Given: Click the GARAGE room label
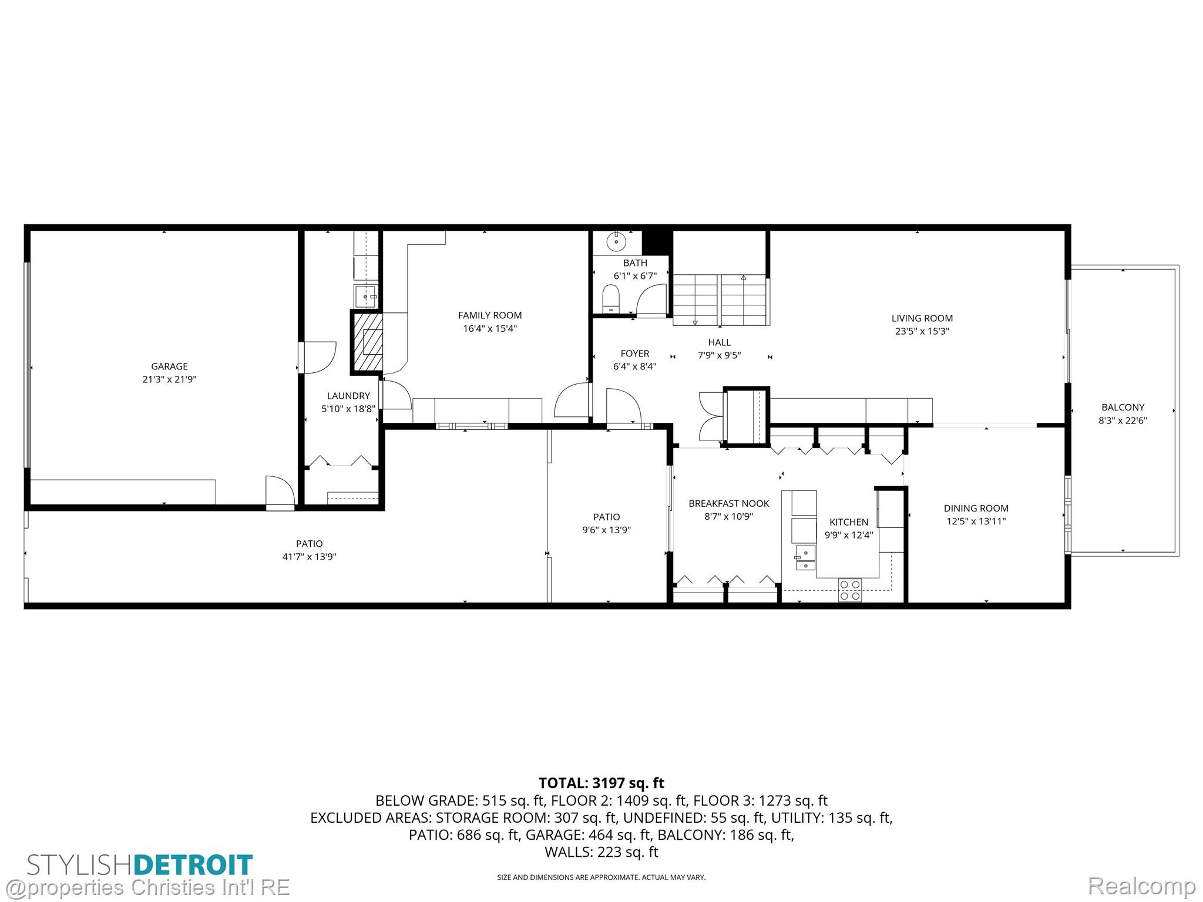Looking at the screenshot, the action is (x=169, y=366).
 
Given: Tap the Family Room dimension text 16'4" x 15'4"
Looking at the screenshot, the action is (x=490, y=329).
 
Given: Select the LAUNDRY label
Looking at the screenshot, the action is (x=348, y=396).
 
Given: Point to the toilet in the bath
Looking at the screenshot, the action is (x=611, y=298).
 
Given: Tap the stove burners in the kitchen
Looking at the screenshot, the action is (x=850, y=590).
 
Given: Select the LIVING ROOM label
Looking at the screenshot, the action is (x=922, y=318).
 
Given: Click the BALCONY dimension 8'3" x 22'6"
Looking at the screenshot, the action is (x=1123, y=420).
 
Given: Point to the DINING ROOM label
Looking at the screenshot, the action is (x=976, y=509).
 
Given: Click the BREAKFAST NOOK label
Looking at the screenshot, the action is (x=729, y=504).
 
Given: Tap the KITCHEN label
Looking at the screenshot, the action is (x=849, y=522).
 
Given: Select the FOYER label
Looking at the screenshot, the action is (x=635, y=354).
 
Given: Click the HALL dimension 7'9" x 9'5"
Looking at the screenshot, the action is (x=719, y=355).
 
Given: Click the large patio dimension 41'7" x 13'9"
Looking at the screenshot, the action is (x=309, y=557).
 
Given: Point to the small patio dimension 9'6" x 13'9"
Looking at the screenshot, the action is (x=606, y=530).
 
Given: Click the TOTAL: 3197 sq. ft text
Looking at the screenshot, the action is (x=601, y=783).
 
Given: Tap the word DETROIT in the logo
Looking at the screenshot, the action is (x=193, y=865).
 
